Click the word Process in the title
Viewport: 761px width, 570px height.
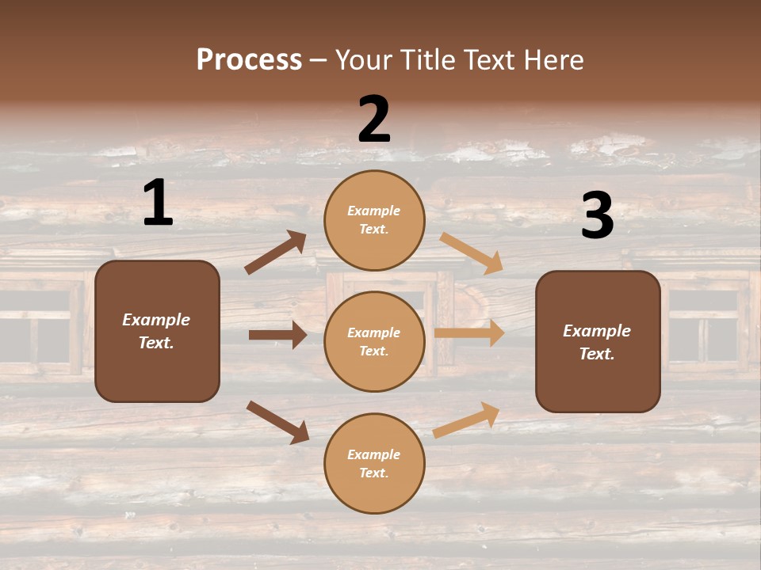[249, 59]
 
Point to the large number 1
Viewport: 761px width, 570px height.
[158, 203]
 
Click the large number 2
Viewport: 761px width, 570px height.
[374, 120]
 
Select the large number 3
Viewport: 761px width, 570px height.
[597, 216]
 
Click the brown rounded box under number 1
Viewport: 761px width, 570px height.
[157, 331]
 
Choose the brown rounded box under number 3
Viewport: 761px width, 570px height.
[598, 341]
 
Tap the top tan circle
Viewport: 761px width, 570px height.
[374, 220]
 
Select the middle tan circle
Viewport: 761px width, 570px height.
[374, 341]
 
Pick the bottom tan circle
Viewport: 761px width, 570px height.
[374, 463]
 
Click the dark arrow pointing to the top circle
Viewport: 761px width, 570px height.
[276, 253]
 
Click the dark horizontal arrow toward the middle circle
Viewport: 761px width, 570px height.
[277, 335]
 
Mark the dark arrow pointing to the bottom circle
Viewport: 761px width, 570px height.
[277, 422]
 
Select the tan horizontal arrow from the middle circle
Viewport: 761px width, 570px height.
[469, 333]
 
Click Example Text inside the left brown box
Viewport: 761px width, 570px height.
[156, 331]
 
